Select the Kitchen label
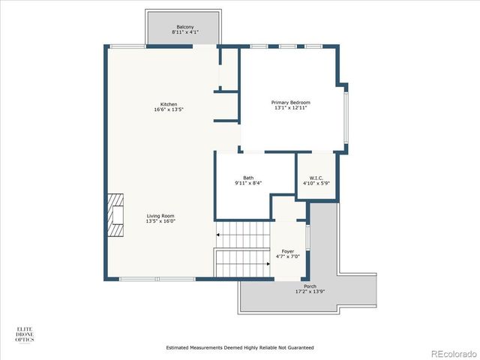click(169, 104)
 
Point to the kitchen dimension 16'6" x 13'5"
click(169, 109)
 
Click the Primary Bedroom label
click(290, 103)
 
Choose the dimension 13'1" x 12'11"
click(290, 108)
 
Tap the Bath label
click(247, 178)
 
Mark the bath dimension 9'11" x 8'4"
click(247, 183)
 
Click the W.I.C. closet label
click(315, 178)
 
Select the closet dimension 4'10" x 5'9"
click(315, 183)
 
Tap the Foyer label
click(287, 250)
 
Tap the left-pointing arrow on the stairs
click(218, 235)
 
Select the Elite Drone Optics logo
click(25, 334)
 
